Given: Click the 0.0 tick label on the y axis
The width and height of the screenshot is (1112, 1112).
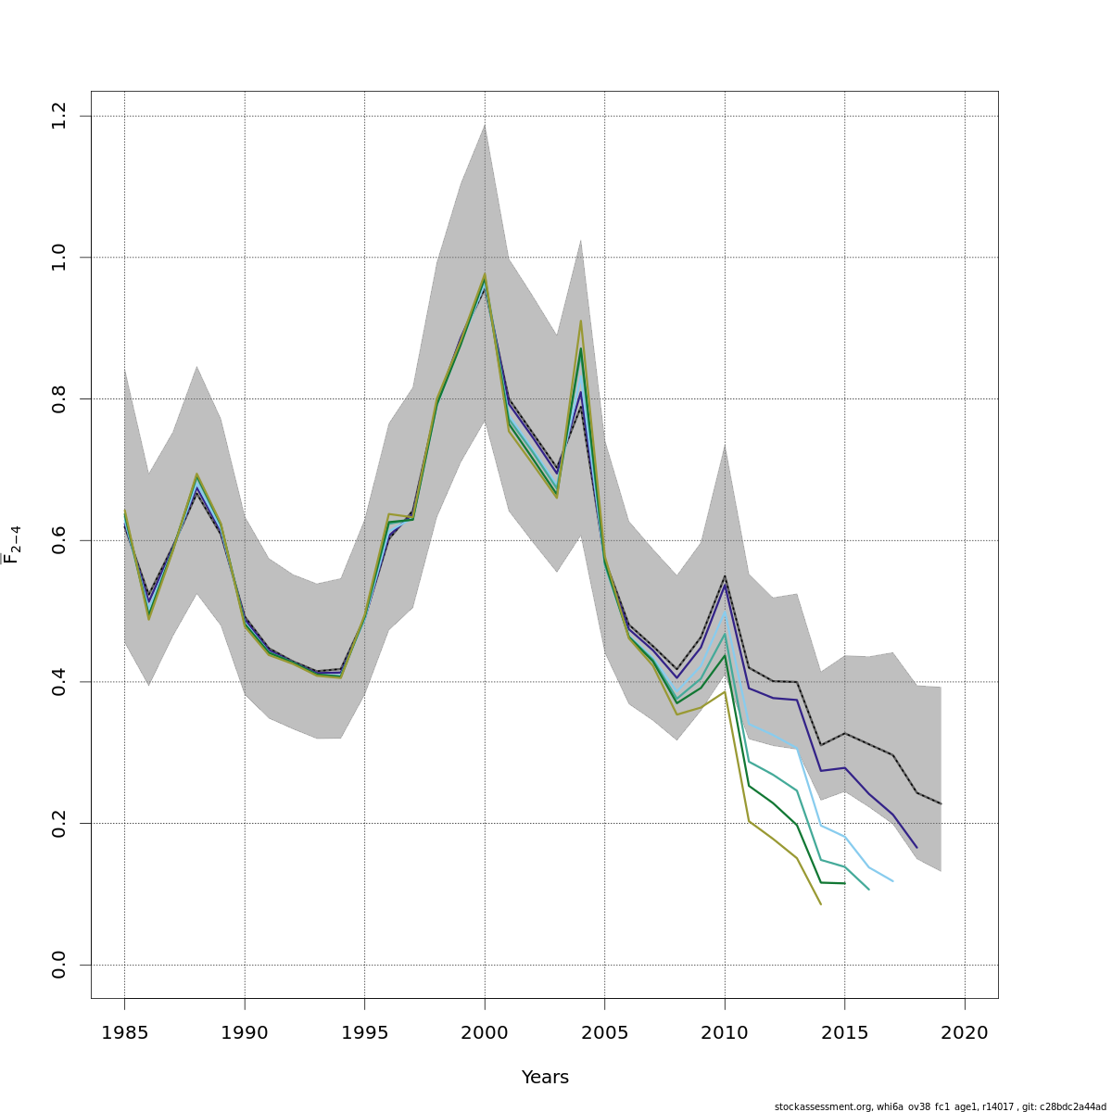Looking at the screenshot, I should tap(59, 965).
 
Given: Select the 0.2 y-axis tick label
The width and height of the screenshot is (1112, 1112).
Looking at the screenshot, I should tap(59, 823).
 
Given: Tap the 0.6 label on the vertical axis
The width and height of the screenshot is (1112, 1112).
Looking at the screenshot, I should tap(59, 540).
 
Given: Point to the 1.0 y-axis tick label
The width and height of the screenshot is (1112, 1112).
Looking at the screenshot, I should tap(59, 257).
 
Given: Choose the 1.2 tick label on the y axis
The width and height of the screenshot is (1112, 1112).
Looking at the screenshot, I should tap(59, 116).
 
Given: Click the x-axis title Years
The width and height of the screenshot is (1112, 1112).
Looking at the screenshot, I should tap(545, 1078).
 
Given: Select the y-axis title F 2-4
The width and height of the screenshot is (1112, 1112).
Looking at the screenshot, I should tap(12, 544).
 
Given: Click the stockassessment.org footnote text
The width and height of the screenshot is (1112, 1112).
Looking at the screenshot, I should tap(940, 1106).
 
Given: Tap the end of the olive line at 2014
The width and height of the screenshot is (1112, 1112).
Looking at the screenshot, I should tap(820, 904).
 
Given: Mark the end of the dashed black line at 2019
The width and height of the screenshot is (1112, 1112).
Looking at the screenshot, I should tap(941, 803).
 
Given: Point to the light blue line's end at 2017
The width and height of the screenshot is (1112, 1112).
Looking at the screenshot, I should tap(892, 881).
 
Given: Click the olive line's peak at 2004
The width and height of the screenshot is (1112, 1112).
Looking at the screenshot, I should tap(581, 321).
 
